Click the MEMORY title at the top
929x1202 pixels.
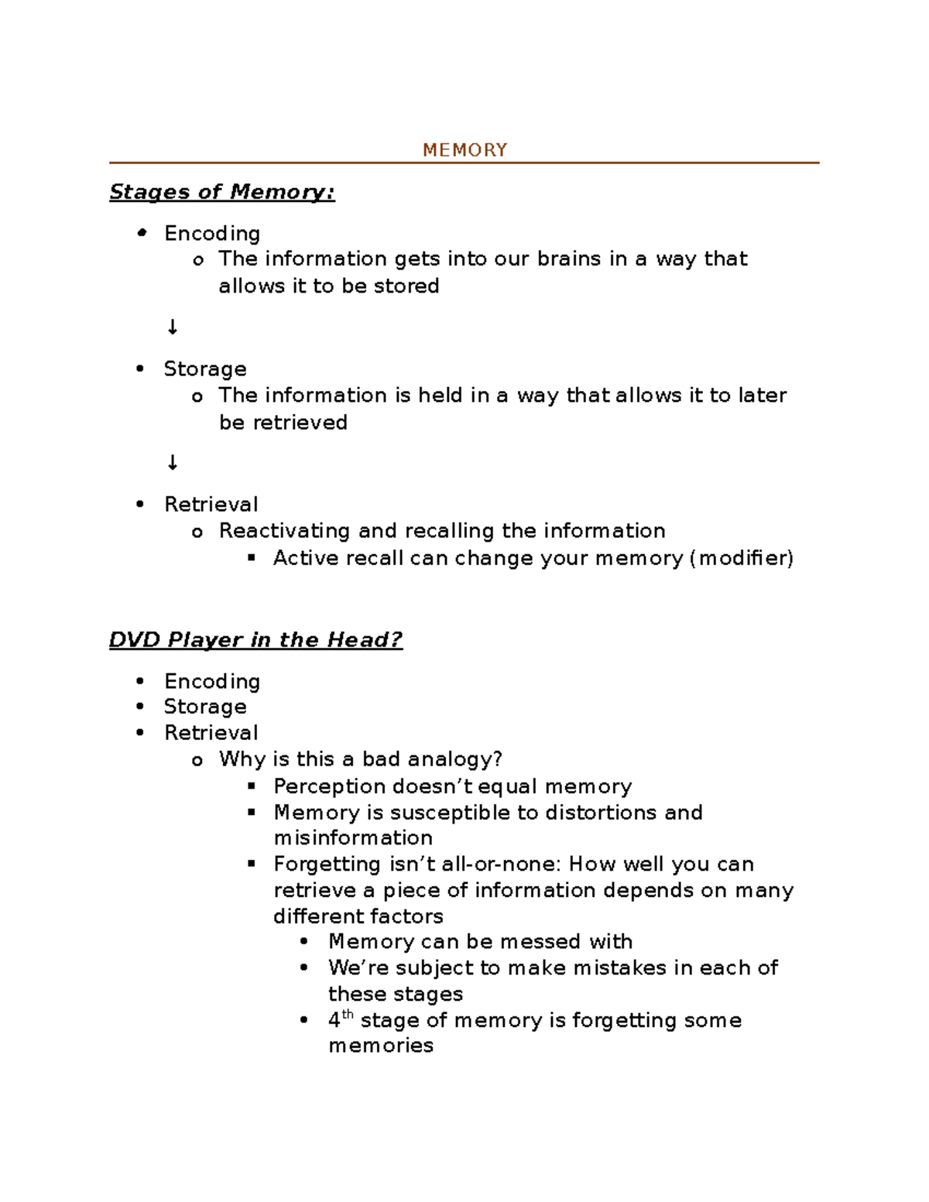(464, 150)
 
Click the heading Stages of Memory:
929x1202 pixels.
(222, 192)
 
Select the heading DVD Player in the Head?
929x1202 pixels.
(255, 640)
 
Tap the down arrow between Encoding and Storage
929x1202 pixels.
(172, 327)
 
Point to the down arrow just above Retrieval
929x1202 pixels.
(172, 463)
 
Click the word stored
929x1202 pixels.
(406, 286)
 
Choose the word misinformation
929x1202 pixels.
(353, 838)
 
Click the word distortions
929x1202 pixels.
(601, 813)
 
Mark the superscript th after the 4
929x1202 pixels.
(348, 1015)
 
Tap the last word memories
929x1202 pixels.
(381, 1046)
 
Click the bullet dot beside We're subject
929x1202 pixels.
(304, 968)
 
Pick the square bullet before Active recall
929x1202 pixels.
(251, 558)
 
